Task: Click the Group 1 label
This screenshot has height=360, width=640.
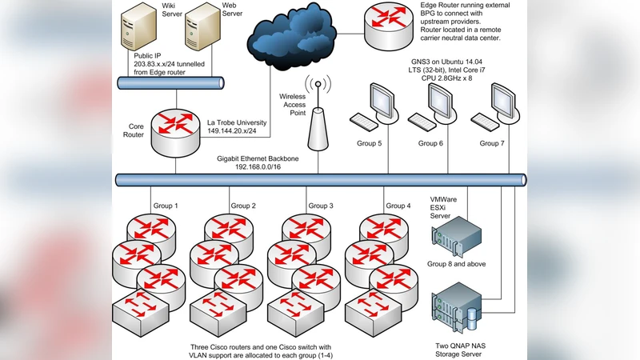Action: point(165,206)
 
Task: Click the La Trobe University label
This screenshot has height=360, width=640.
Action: point(241,120)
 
